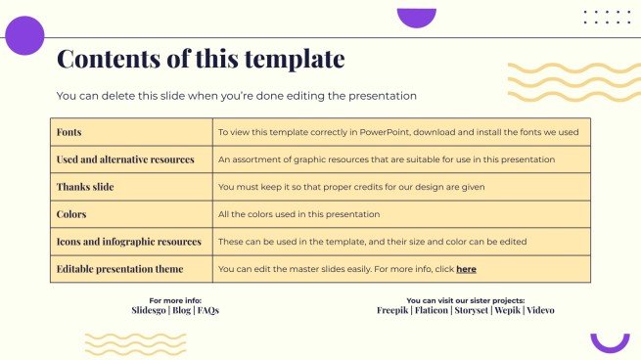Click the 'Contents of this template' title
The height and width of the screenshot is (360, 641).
pyautogui.click(x=201, y=59)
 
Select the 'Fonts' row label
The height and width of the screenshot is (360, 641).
pyautogui.click(x=69, y=132)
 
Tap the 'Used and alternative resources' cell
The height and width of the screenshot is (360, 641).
pyautogui.click(x=125, y=159)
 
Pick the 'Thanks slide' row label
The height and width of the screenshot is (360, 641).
pyautogui.click(x=86, y=187)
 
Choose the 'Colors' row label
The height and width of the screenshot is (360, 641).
pyautogui.click(x=71, y=214)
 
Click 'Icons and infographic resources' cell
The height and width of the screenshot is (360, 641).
pyautogui.click(x=129, y=241)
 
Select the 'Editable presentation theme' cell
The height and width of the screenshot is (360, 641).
pyautogui.click(x=119, y=268)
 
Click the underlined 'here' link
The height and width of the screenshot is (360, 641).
pyautogui.click(x=466, y=268)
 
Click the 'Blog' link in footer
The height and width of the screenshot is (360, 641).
pyautogui.click(x=182, y=310)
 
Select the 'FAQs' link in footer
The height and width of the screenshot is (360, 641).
pyautogui.click(x=207, y=310)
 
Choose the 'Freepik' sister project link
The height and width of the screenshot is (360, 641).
pyautogui.click(x=394, y=310)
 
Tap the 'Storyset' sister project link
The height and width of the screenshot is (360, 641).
pyautogui.click(x=479, y=310)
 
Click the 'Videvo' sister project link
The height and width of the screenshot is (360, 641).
pyautogui.click(x=542, y=310)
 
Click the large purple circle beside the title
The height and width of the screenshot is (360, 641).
pyautogui.click(x=24, y=36)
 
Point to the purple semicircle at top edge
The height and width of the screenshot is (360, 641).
pyautogui.click(x=416, y=17)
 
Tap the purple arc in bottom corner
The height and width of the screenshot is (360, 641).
pyautogui.click(x=610, y=343)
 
